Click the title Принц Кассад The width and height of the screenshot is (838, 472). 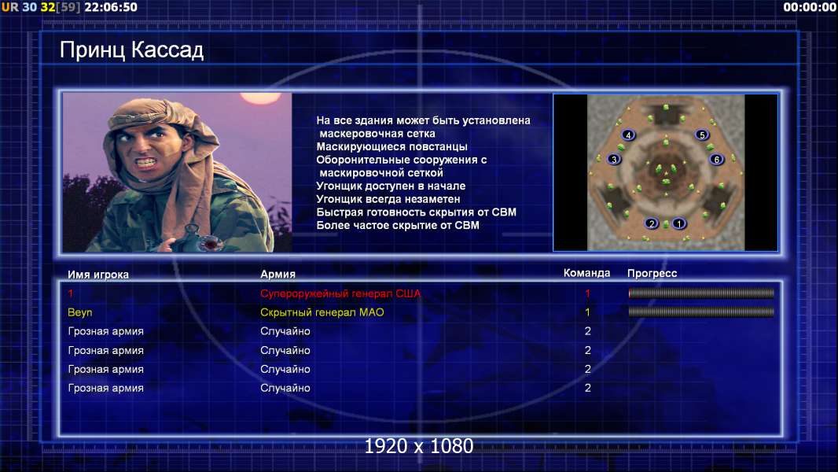click(131, 50)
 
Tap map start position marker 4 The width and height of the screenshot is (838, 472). click(629, 135)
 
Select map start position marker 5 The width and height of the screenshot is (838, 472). click(702, 135)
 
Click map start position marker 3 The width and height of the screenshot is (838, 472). click(614, 159)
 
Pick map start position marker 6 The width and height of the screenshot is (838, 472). click(717, 159)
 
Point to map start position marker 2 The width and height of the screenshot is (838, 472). click(652, 223)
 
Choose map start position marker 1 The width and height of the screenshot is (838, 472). click(678, 223)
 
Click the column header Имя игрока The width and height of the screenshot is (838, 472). click(97, 275)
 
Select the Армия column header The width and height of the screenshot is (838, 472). click(278, 275)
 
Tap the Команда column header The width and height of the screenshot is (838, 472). click(586, 273)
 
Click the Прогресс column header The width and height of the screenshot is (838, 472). click(652, 274)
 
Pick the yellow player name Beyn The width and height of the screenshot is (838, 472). click(79, 312)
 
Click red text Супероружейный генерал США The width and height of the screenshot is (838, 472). click(340, 293)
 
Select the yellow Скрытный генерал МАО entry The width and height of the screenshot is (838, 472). click(322, 312)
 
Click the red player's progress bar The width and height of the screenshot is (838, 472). click(701, 293)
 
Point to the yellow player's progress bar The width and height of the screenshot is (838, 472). click(701, 312)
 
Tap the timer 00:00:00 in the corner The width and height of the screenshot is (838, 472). click(810, 7)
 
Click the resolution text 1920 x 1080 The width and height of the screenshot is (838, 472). click(419, 446)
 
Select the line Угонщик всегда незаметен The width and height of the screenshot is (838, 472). click(388, 199)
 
